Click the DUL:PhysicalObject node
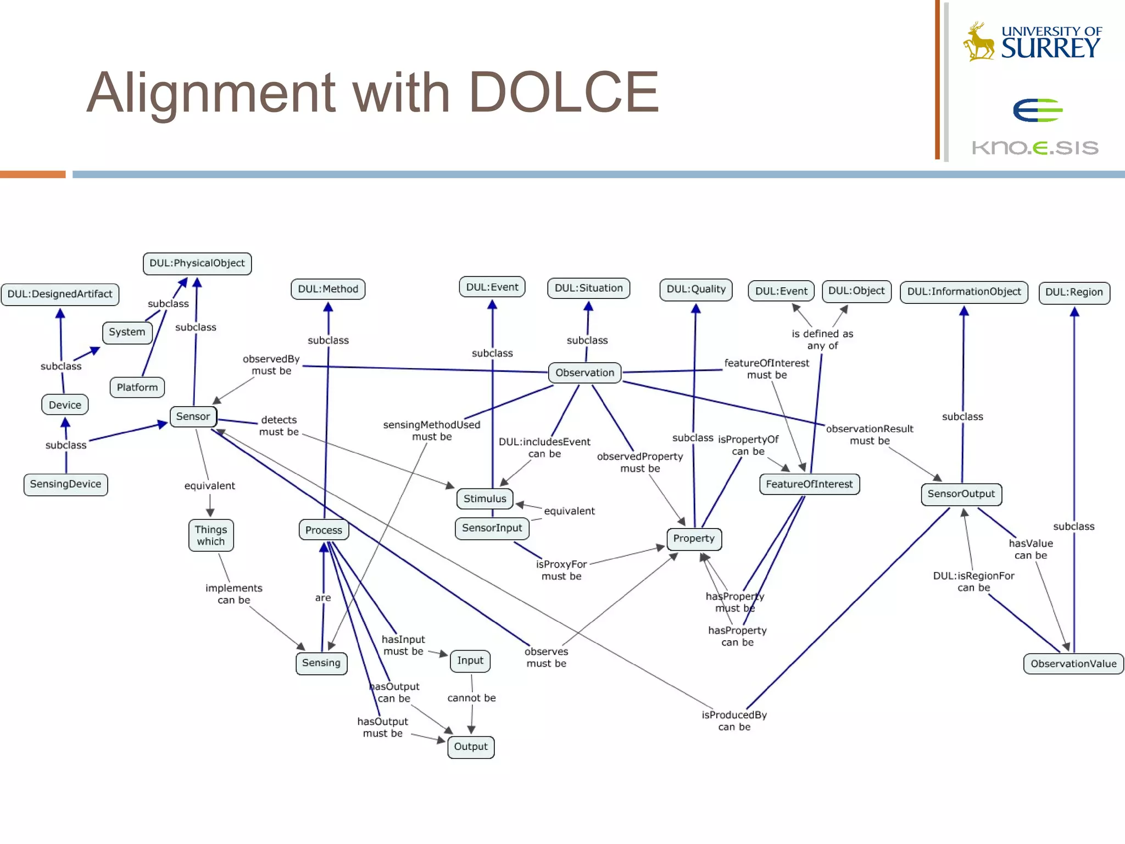197,263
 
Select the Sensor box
193,417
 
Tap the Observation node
584,373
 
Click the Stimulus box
484,498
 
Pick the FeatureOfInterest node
809,484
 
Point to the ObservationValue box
1073,663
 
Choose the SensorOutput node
961,493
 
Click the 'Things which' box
211,535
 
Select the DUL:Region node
1074,292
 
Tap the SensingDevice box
65,484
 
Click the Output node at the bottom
471,747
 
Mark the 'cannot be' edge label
471,698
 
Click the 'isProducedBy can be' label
734,720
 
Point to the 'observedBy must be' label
271,365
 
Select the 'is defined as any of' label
822,339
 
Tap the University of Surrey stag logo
979,42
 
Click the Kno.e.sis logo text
1035,147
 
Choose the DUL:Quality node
695,290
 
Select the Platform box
137,387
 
